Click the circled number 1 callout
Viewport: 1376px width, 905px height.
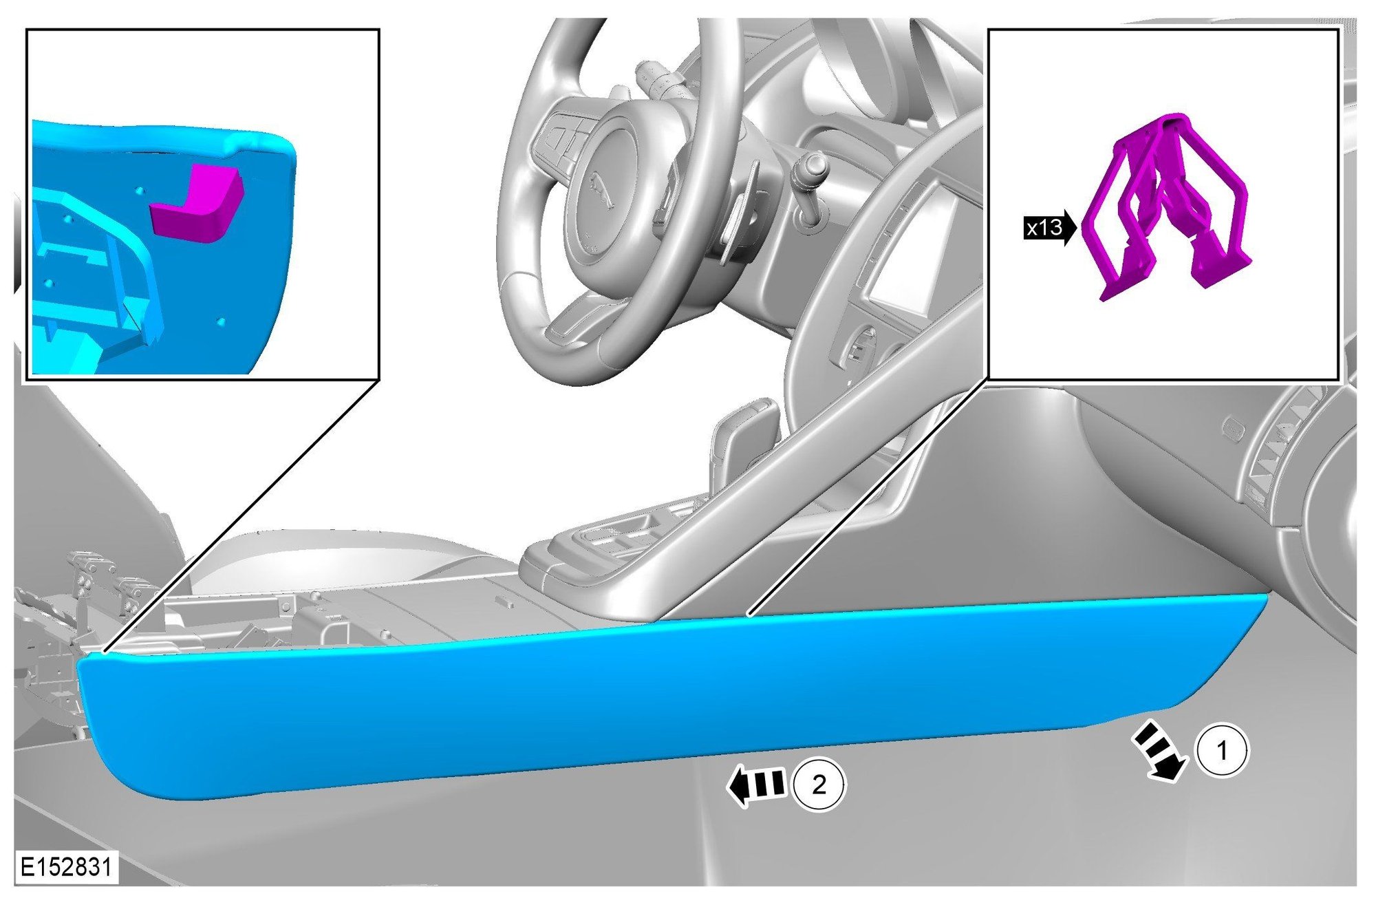pyautogui.click(x=1222, y=750)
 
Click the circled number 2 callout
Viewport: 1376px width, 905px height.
pyautogui.click(x=819, y=785)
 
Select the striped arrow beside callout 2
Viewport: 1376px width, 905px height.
pyautogui.click(x=756, y=786)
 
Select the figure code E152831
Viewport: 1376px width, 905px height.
pyautogui.click(x=66, y=866)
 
